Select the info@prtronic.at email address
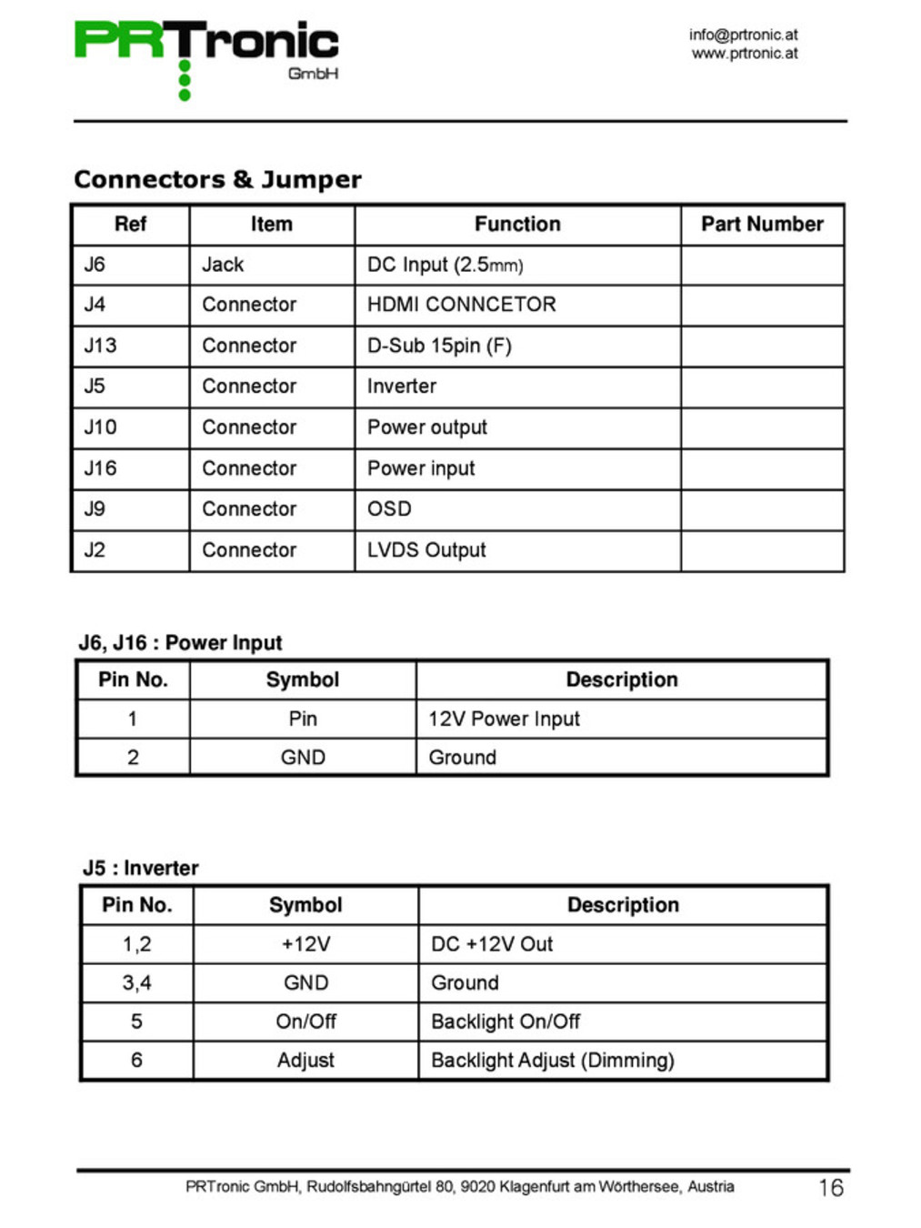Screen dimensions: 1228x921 pos(743,35)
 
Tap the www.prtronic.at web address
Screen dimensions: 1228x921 pos(744,54)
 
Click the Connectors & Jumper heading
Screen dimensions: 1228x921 pos(217,179)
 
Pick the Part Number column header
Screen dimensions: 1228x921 pos(761,224)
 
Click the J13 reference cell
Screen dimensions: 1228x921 pos(100,346)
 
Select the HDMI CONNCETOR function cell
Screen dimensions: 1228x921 pos(461,305)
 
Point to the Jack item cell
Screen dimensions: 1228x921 pos(223,265)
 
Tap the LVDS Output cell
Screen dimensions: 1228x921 pos(426,550)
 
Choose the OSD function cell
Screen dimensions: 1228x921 pos(389,509)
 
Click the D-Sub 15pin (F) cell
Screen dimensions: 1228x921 pos(439,346)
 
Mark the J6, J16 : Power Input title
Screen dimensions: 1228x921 pos(180,643)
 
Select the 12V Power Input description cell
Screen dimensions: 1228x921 pos(504,720)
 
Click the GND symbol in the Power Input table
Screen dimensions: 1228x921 pos(303,758)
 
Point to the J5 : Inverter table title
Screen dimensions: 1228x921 pos(140,868)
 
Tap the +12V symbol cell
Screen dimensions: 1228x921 pos(305,944)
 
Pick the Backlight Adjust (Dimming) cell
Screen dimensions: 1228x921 pos(552,1061)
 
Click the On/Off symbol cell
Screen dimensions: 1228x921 pos(305,1022)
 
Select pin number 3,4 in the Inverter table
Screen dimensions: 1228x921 pos(136,983)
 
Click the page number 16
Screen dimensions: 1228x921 pos(830,1188)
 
